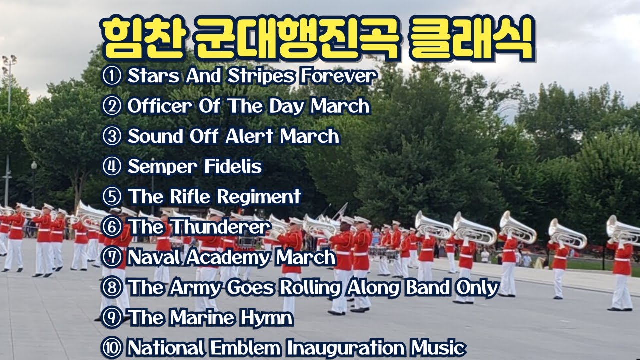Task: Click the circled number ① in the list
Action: tap(112, 77)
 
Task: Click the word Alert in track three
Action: tap(250, 136)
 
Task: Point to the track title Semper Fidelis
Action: tap(195, 166)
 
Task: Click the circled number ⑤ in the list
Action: tap(112, 197)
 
